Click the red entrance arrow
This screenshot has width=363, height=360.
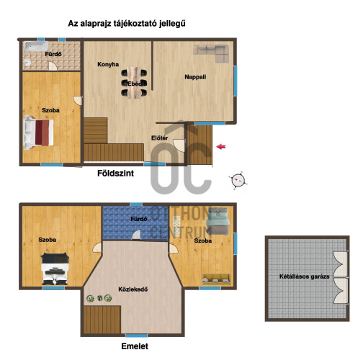pos(221,146)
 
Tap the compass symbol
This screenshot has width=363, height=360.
pos(238,180)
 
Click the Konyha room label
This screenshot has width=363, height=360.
pos(108,64)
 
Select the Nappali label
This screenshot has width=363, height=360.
pos(195,77)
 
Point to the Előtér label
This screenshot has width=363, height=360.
pos(160,138)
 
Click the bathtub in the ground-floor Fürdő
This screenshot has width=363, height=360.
pos(36,46)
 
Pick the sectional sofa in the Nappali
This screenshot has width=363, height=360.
pos(211,53)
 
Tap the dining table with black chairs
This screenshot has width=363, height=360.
pos(134,83)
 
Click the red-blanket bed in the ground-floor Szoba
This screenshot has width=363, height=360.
pos(39,132)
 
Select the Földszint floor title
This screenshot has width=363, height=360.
pos(115,174)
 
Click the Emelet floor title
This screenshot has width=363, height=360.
pos(135,346)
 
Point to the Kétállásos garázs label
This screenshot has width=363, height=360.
pos(304,276)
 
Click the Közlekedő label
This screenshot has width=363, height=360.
pos(133,289)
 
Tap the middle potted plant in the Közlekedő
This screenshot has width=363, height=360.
pos(100,298)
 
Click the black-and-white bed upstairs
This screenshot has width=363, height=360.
pos(55,269)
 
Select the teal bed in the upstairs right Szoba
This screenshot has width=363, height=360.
pos(218,221)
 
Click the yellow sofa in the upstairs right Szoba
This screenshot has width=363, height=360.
pos(216,279)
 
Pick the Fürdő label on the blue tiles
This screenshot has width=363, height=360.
pos(139,219)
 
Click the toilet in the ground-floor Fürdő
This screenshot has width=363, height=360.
pos(28,62)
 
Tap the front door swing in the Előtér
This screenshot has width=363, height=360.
pos(179,145)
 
